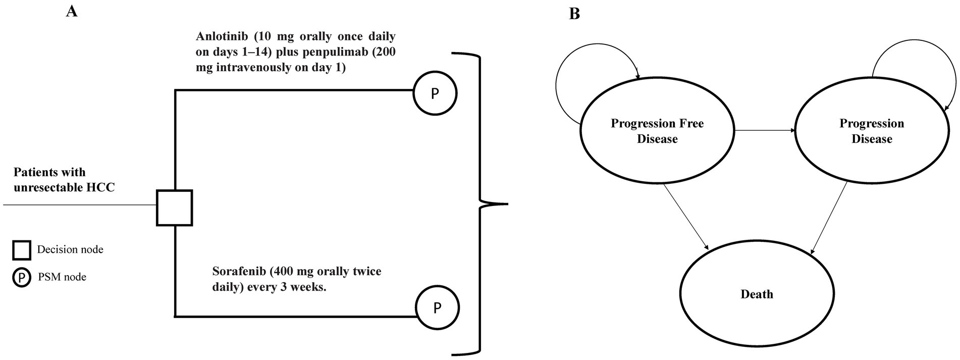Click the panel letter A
(72, 11)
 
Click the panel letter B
(574, 14)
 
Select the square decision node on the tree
(174, 208)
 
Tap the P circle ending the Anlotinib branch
(435, 93)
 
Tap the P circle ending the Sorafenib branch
(437, 307)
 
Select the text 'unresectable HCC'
(64, 187)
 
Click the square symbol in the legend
(22, 250)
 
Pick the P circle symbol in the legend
(22, 277)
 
